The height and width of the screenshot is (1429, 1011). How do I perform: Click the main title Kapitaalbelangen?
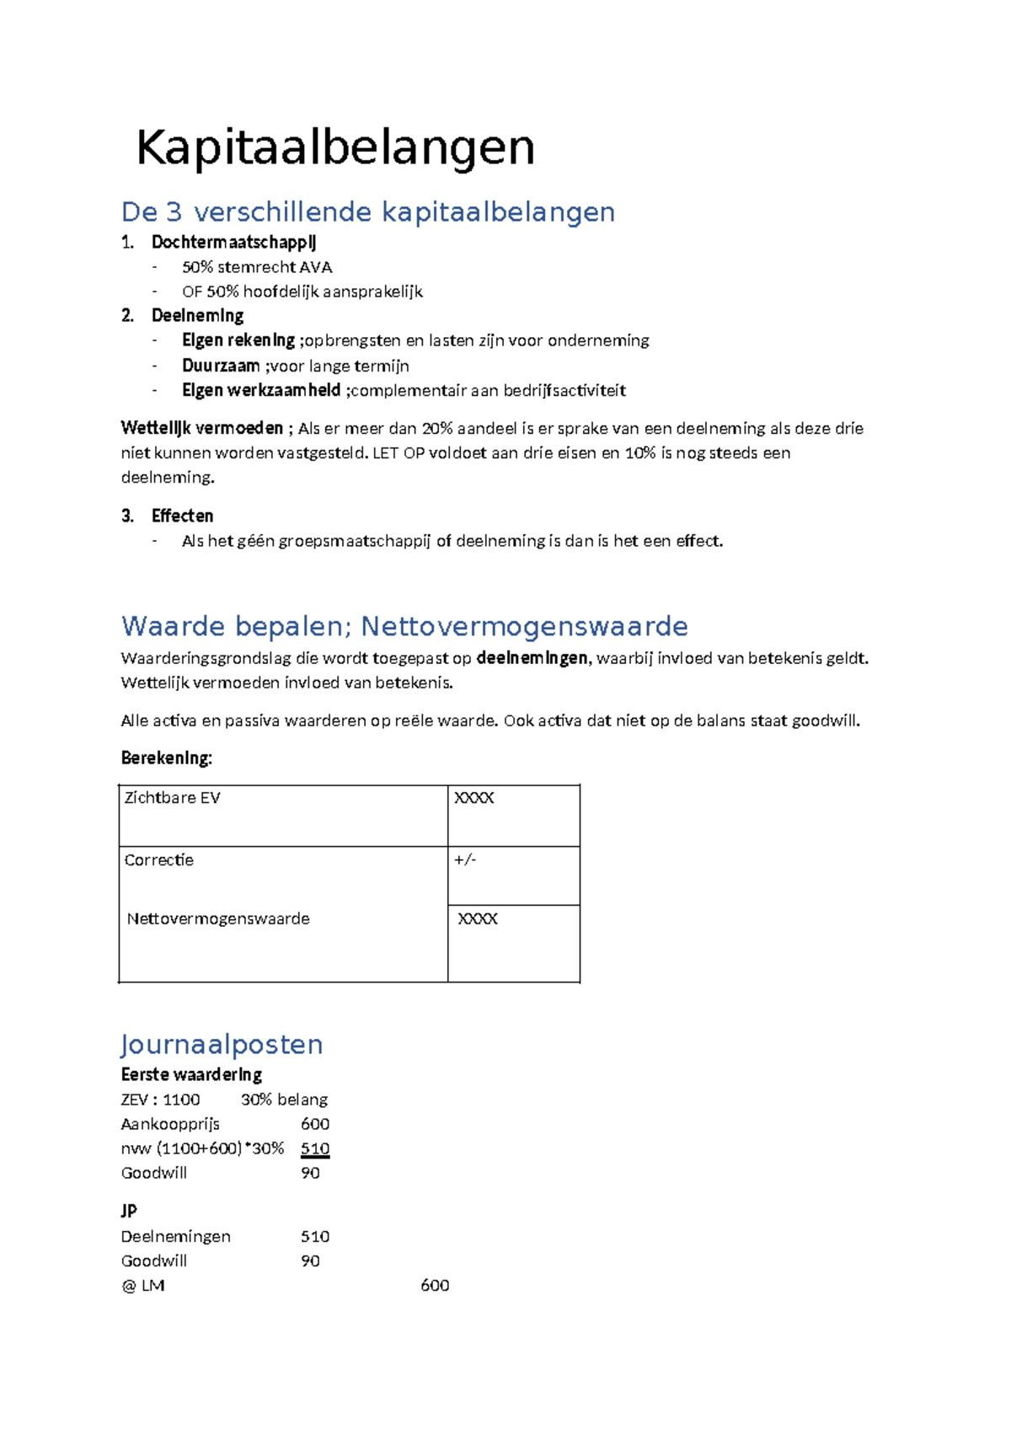click(335, 148)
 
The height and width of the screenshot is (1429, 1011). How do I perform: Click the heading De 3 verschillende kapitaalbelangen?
click(368, 211)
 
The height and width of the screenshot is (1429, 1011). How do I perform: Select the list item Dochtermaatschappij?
click(233, 243)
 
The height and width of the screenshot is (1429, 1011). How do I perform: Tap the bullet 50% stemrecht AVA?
click(257, 267)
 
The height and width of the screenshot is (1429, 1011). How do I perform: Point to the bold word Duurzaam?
click(221, 366)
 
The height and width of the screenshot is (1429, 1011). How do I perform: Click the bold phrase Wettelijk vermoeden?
click(202, 428)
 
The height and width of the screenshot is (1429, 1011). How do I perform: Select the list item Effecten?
click(182, 516)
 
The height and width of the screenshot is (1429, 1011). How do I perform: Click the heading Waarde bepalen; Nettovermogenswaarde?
click(404, 626)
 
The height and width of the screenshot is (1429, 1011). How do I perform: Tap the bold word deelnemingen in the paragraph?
click(532, 658)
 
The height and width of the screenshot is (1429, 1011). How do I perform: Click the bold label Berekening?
click(166, 757)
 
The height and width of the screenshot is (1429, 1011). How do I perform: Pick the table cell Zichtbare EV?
click(173, 798)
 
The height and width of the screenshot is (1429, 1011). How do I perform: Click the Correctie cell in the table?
click(159, 860)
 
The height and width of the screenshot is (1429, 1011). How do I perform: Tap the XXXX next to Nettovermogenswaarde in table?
click(478, 919)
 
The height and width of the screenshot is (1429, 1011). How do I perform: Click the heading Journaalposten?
click(222, 1045)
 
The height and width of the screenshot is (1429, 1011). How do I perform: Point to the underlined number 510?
click(315, 1148)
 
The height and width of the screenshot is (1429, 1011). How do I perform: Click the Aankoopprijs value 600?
click(315, 1124)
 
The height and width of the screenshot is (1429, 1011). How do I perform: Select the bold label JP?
click(129, 1211)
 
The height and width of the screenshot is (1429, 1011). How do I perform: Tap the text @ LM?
click(143, 1286)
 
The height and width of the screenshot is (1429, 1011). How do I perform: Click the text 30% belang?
click(284, 1100)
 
